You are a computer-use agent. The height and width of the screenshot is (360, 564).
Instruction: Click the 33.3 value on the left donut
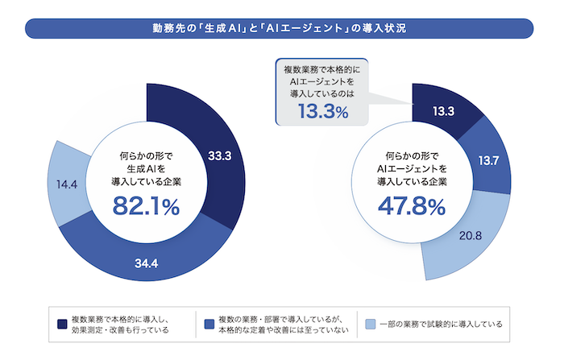219,156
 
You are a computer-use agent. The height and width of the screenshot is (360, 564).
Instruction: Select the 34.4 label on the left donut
147,263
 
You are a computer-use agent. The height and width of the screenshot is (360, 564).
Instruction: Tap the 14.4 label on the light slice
67,184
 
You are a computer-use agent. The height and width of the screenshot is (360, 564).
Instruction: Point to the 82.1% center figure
146,206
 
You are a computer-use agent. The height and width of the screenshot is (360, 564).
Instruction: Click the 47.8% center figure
412,206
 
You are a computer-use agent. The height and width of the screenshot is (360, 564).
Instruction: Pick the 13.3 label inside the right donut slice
443,111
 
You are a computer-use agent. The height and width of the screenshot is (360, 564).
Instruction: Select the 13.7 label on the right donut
488,160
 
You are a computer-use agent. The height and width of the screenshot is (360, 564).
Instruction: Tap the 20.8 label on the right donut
470,235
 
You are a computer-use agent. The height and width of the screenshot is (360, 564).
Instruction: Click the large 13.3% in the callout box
323,111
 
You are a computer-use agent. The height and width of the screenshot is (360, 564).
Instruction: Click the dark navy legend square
62,324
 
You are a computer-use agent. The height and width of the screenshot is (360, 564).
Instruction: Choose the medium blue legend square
209,324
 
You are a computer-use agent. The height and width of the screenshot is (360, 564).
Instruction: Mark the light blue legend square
370,324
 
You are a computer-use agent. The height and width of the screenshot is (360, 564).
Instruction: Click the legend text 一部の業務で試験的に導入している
441,325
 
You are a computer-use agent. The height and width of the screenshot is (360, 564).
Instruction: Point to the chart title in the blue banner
279,28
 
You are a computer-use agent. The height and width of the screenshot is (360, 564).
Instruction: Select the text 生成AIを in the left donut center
146,168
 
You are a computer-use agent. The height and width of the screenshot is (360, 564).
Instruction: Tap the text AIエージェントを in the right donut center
412,168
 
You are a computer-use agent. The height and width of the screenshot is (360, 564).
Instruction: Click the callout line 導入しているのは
322,94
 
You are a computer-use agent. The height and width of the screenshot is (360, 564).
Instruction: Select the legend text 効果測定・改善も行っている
120,329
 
